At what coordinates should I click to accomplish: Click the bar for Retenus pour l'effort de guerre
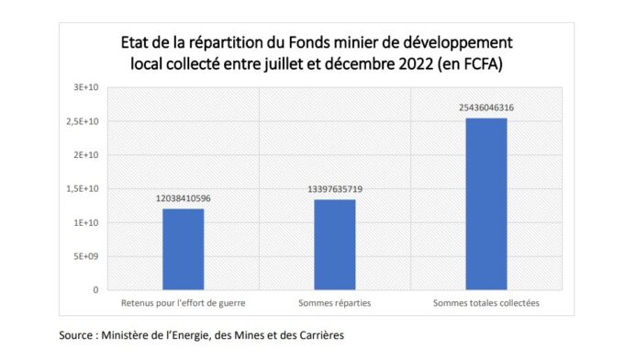pos(184,249)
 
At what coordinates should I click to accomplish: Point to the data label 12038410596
pos(184,198)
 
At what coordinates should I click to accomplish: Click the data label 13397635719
pos(335,189)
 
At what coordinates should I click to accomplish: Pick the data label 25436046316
pos(486,107)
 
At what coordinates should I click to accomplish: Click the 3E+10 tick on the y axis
pos(88,88)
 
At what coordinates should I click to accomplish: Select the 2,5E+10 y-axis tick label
pos(85,122)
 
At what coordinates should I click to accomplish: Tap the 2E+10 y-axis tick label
pos(88,155)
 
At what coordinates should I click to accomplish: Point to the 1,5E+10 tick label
pos(85,189)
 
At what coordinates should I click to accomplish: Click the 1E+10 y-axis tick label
pos(88,223)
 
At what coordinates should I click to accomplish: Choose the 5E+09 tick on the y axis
pos(88,256)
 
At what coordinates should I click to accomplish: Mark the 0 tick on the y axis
pos(96,290)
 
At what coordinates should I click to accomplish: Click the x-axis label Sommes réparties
pos(335,302)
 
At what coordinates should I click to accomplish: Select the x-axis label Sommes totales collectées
pos(486,302)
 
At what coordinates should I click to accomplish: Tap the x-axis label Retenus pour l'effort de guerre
pos(184,302)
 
